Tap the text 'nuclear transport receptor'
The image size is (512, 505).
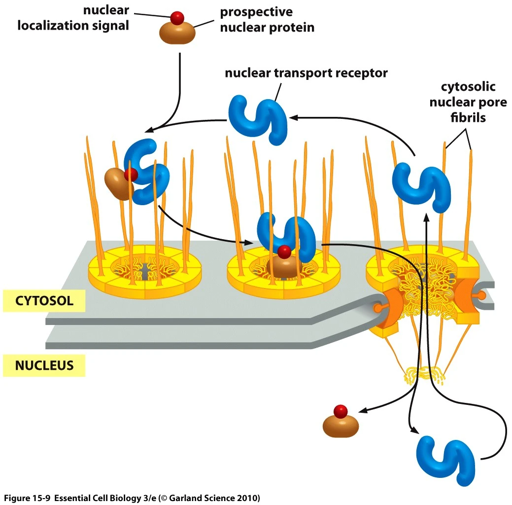pos(306,73)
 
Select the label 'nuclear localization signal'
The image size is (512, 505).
pos(73,18)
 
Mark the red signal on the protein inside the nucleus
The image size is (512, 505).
pos(340,411)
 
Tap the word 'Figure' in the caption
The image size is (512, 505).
pos(18,497)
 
